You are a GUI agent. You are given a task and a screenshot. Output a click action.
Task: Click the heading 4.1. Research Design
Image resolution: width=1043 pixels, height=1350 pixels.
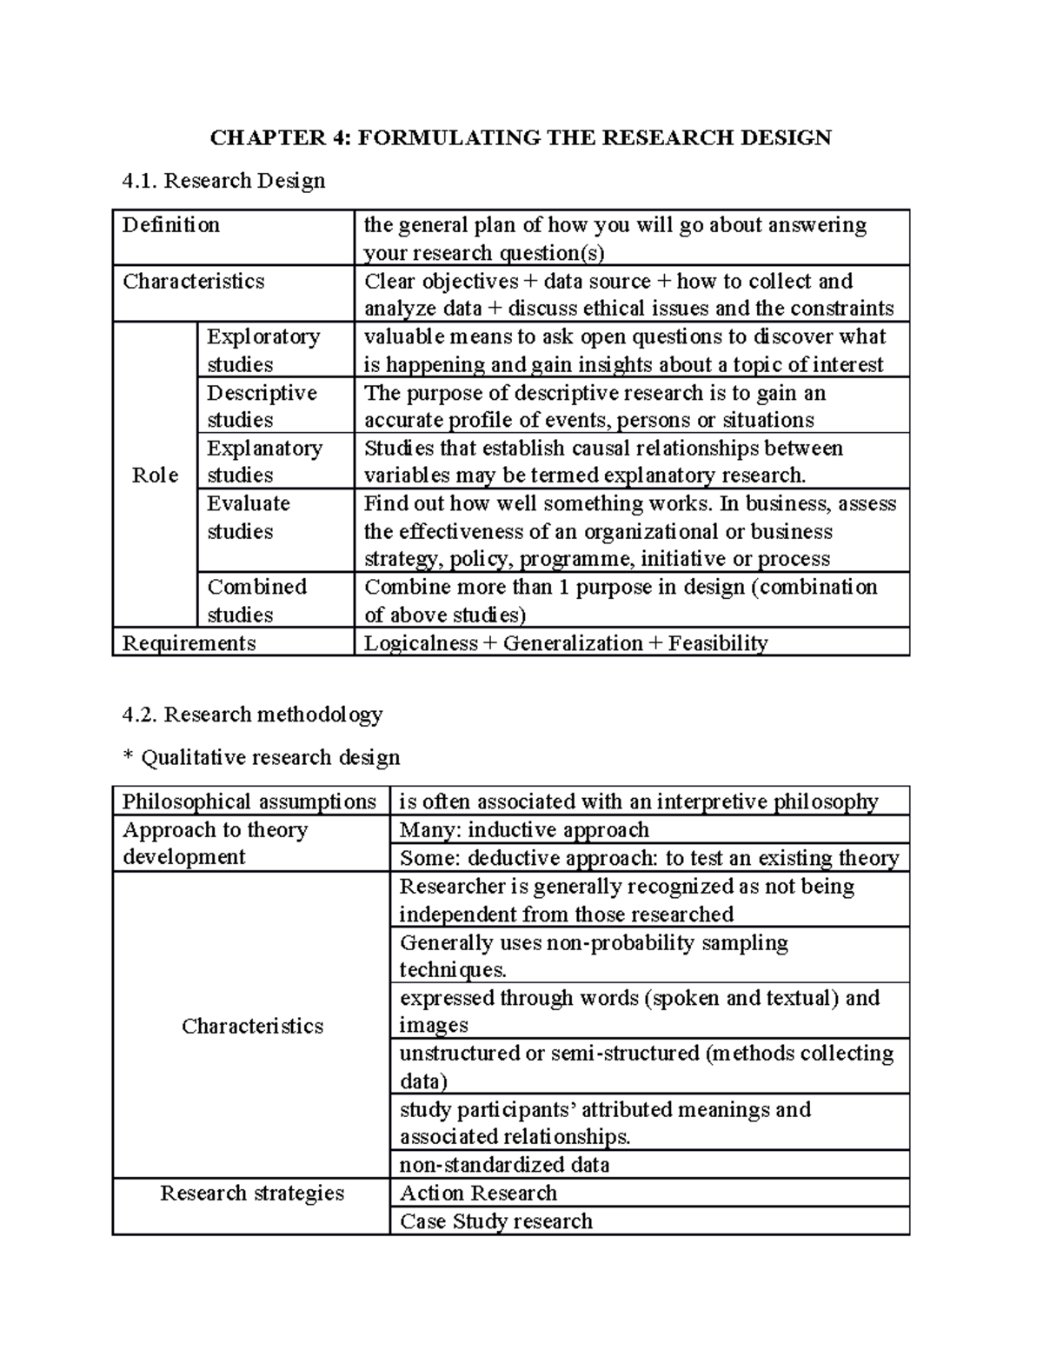(x=224, y=181)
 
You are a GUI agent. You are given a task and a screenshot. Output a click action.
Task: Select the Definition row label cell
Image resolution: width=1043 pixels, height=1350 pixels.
(x=171, y=226)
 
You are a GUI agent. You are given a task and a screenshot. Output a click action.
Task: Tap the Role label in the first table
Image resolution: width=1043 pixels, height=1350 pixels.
(x=155, y=475)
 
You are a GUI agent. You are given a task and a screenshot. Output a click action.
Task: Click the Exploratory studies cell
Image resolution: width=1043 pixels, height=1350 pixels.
(x=263, y=349)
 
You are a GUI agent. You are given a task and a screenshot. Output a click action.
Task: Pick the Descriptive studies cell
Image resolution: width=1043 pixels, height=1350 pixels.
(x=262, y=406)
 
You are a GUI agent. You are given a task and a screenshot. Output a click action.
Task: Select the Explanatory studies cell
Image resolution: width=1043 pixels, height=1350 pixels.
(x=264, y=462)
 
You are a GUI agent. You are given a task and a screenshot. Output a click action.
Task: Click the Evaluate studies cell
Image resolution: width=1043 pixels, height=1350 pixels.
(x=249, y=517)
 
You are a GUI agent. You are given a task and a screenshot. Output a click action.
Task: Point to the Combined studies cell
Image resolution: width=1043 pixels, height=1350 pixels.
(x=256, y=601)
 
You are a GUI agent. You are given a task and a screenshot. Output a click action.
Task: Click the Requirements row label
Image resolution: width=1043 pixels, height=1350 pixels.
(x=189, y=643)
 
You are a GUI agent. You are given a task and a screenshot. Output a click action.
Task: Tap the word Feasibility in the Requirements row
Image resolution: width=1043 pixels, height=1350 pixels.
(x=718, y=643)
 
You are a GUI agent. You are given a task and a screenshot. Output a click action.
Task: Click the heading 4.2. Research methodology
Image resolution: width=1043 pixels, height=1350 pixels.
(x=252, y=715)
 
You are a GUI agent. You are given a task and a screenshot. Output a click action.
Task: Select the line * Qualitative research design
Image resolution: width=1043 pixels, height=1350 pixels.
(x=262, y=758)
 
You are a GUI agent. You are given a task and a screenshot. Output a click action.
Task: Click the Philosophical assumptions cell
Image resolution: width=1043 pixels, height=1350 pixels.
(x=249, y=801)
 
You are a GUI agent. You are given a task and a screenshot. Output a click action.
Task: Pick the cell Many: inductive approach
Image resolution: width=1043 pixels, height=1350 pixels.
(x=524, y=830)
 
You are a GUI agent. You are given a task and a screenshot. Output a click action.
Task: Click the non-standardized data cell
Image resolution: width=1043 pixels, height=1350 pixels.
(x=504, y=1165)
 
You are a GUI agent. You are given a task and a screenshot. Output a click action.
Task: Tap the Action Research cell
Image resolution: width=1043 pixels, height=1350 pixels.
(x=478, y=1194)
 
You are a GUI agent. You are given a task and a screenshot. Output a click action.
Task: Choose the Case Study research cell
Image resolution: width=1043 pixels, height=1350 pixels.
(x=495, y=1221)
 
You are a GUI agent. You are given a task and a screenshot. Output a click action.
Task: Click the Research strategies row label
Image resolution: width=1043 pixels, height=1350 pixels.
(x=252, y=1194)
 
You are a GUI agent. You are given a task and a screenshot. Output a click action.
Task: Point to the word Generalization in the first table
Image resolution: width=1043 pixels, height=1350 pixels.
(x=572, y=643)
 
